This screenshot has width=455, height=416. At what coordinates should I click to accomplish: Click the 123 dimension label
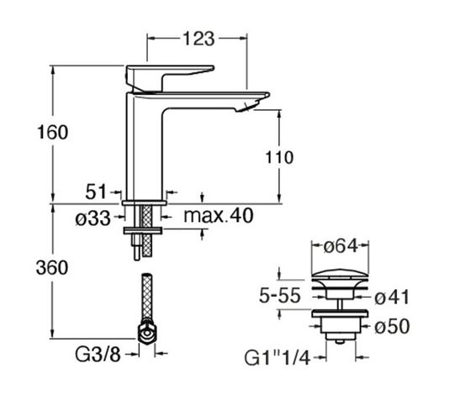point(198,39)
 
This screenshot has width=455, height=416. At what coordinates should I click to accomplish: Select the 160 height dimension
point(52,132)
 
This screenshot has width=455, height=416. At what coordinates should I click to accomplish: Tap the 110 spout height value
point(279,157)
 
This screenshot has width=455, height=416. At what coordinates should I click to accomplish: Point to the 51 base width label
point(96,192)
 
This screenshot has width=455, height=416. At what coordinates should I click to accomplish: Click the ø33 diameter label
point(93,218)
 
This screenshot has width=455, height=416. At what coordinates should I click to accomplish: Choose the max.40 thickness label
point(219,215)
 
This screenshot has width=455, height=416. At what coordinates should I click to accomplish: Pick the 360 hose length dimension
point(52,267)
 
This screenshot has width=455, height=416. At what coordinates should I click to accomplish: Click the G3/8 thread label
point(98,354)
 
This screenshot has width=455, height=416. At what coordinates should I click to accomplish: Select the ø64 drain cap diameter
point(341,246)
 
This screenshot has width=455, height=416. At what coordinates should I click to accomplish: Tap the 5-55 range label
point(279,296)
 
